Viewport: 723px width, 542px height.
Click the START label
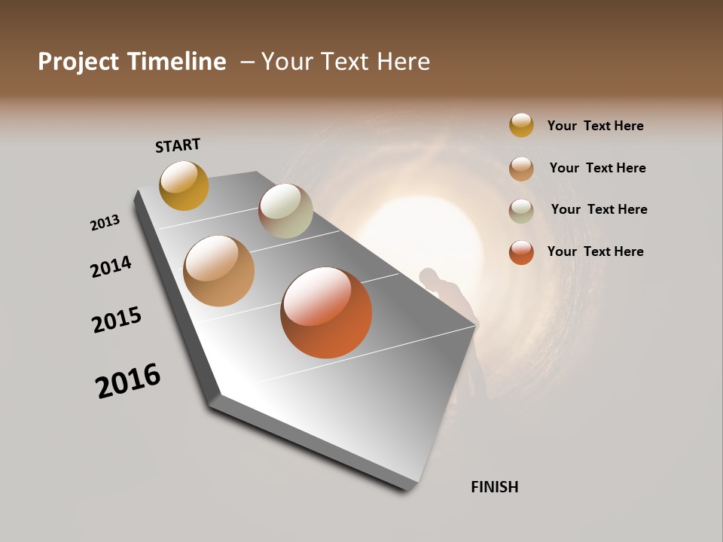pos(178,145)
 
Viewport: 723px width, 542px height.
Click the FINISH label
pos(494,487)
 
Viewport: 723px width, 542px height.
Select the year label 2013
pos(105,223)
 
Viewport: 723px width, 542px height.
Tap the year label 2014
pos(111,266)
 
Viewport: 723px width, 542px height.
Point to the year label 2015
pos(117,320)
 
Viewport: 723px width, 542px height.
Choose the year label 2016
pos(128,381)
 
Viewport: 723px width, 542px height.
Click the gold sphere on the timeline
pos(184,185)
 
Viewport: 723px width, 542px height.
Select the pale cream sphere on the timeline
pos(285,211)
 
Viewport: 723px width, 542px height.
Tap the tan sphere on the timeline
pos(218,271)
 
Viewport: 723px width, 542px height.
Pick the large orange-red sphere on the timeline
pos(326,312)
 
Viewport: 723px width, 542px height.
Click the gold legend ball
pos(521,125)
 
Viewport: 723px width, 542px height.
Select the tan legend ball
pos(521,169)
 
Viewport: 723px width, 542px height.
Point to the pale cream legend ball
pos(521,211)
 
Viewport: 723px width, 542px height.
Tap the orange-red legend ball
pos(521,252)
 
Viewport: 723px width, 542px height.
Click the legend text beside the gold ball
pos(595,126)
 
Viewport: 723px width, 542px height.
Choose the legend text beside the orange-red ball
pos(595,251)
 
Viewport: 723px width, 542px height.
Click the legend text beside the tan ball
pos(597,168)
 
